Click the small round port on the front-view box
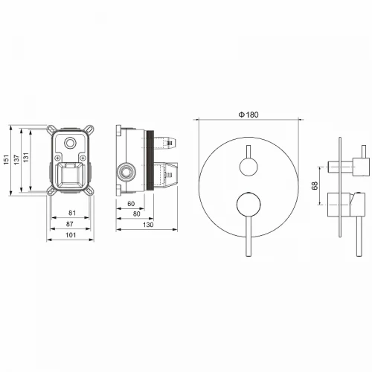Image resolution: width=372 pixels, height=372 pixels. [71, 144]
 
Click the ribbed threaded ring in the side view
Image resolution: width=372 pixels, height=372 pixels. [153, 164]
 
